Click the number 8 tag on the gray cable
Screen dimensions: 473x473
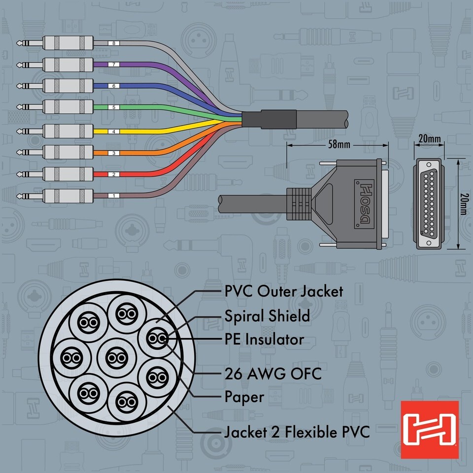(x=114, y=43)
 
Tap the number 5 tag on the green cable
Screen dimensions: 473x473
(x=114, y=106)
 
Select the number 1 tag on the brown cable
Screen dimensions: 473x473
(x=114, y=196)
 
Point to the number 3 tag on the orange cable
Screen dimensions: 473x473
(x=114, y=153)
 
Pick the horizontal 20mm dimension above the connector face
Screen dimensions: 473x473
(x=429, y=139)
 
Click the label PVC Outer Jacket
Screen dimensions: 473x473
(x=283, y=291)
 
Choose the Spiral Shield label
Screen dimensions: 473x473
(x=267, y=316)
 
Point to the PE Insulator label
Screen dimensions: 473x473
(x=264, y=339)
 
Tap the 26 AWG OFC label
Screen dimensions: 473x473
(x=272, y=373)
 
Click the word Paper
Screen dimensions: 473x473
(x=244, y=397)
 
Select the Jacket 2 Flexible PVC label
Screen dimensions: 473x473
(x=296, y=433)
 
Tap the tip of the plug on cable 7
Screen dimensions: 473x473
(x=20, y=65)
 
